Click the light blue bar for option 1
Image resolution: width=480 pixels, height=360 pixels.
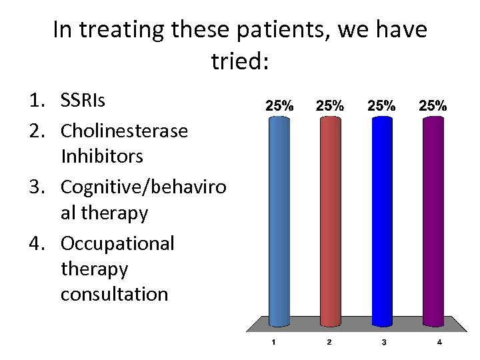point(279,220)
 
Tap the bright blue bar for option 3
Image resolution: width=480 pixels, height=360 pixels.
point(382,220)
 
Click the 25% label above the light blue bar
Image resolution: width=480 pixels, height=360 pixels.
point(279,105)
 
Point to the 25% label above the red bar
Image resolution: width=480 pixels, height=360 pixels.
point(330,105)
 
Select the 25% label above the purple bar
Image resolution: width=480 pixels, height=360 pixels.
point(433,105)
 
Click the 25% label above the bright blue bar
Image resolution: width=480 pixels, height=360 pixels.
point(382,105)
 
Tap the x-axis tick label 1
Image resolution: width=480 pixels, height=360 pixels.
point(273,343)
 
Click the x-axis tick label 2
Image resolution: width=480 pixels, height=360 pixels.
point(328,343)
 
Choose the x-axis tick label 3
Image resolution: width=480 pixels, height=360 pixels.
point(383,343)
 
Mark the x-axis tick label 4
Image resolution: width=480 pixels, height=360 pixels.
point(439,343)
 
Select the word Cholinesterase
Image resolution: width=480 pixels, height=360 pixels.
point(124,130)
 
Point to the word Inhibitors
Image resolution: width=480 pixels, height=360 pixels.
point(102,157)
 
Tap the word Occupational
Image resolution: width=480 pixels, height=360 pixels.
point(117,243)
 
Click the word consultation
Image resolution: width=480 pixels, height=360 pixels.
point(114,293)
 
